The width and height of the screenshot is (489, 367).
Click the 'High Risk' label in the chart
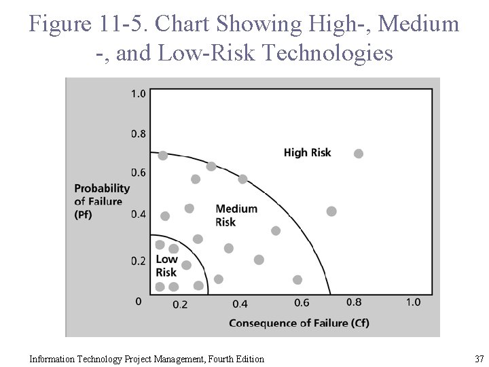(307, 152)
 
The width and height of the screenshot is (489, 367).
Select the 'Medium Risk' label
(236, 215)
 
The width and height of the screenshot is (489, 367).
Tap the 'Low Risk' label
(166, 266)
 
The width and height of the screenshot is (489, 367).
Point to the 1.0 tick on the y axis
(138, 94)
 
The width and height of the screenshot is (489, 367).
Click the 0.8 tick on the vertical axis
(138, 134)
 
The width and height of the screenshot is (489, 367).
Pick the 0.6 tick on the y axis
(138, 173)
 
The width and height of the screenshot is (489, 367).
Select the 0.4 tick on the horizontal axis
(240, 304)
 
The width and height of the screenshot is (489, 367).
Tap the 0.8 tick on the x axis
(354, 302)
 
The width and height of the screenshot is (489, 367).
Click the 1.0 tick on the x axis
(413, 302)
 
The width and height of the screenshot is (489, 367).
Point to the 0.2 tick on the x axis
(180, 304)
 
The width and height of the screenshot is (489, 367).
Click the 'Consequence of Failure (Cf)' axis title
(299, 323)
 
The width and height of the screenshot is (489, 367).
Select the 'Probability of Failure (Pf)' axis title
(101, 201)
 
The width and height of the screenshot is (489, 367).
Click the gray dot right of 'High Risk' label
(359, 154)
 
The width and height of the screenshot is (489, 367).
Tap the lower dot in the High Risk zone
(331, 211)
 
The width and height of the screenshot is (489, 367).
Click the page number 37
(479, 358)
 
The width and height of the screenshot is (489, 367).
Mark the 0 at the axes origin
(138, 300)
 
